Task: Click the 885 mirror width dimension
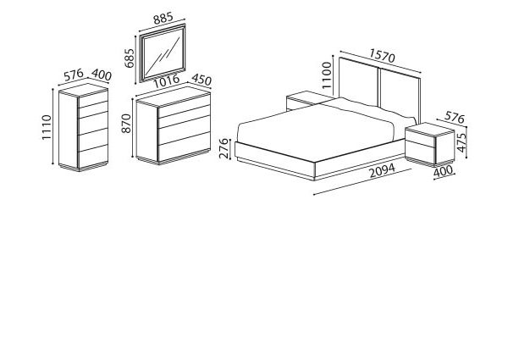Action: [163, 18]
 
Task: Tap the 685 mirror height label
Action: [130, 58]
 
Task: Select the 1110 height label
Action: [47, 127]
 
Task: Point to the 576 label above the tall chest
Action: [74, 75]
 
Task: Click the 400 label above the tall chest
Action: [102, 75]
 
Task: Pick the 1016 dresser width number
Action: [166, 81]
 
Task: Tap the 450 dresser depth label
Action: [202, 80]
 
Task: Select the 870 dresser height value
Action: [126, 123]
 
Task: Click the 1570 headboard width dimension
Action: [383, 56]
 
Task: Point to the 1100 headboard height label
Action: [327, 75]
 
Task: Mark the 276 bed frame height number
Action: [224, 148]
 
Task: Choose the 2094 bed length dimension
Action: [383, 171]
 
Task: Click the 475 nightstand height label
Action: [461, 142]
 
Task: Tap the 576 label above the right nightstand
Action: [455, 117]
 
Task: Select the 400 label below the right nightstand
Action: [443, 171]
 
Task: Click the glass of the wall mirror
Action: [163, 54]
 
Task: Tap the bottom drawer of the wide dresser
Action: [184, 147]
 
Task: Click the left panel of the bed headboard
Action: [359, 81]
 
